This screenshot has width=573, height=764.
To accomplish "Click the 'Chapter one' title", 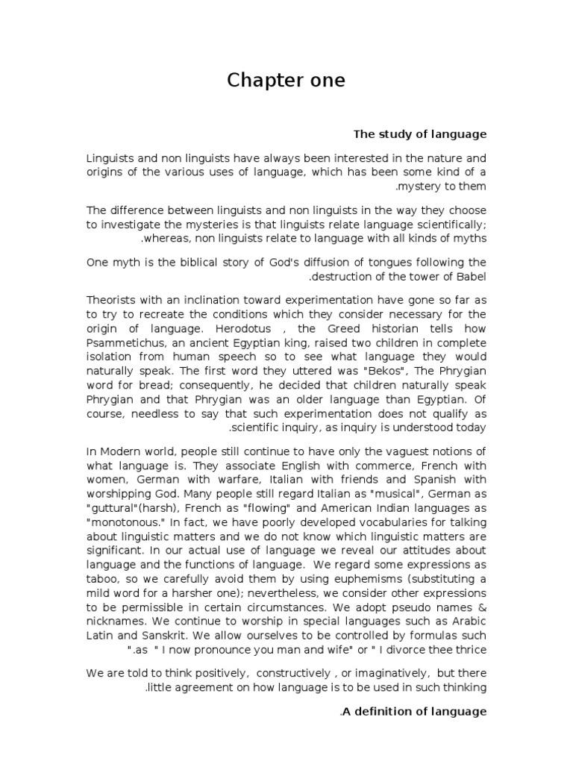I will (x=286, y=81).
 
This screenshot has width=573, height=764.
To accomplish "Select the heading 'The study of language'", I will (x=419, y=134).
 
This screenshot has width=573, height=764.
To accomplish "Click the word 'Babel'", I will (x=472, y=278).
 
